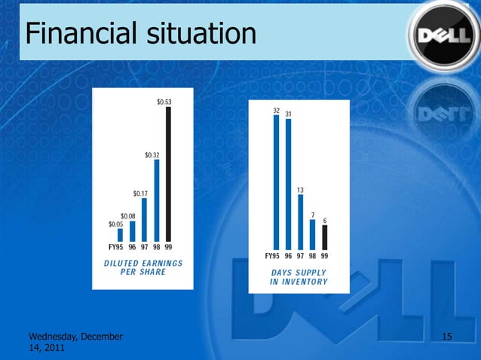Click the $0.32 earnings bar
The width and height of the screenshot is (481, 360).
[157, 200]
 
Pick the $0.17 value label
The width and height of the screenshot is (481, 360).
[140, 193]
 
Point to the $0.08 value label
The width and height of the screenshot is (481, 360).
[128, 215]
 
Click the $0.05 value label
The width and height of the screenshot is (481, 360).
[115, 224]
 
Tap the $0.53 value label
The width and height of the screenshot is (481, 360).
[164, 102]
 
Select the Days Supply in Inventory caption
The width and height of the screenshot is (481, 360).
[299, 277]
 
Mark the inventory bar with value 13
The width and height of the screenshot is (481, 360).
[300, 221]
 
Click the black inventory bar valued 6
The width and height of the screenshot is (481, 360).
[325, 236]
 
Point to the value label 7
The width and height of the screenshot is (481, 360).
[313, 214]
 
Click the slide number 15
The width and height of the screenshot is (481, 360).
[446, 335]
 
